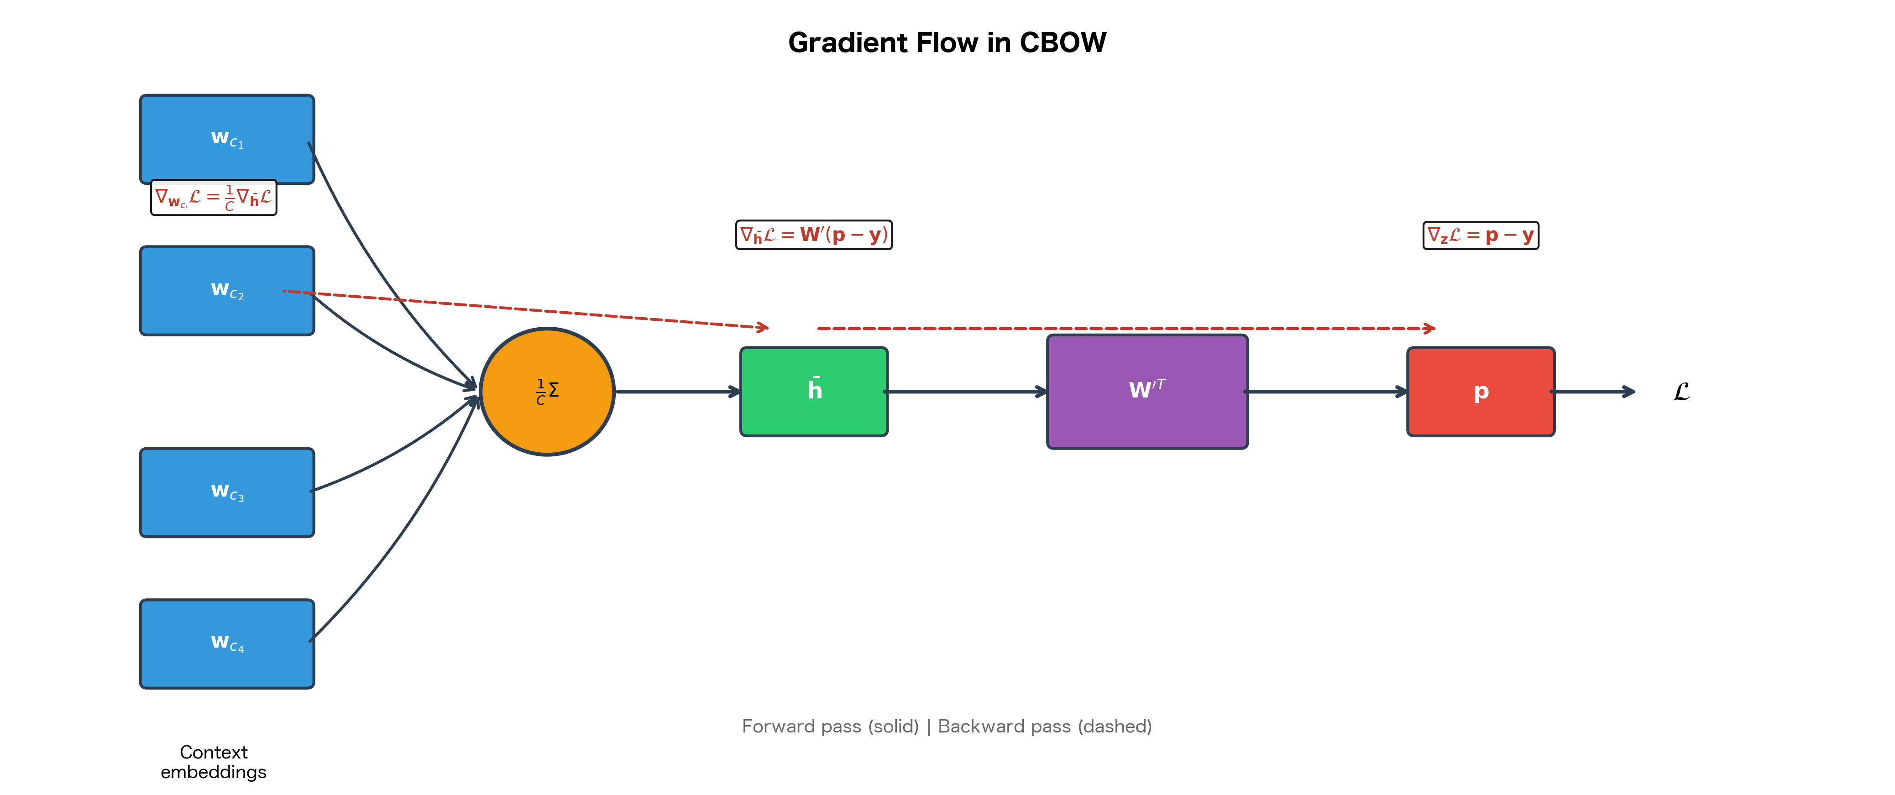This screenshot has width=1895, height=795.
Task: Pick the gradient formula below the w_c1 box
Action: pyautogui.click(x=213, y=197)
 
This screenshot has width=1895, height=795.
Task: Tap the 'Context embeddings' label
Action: pyautogui.click(x=213, y=762)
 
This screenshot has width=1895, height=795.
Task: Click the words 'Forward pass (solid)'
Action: pyautogui.click(x=830, y=726)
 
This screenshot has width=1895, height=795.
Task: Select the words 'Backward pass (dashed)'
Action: pyautogui.click(x=1045, y=726)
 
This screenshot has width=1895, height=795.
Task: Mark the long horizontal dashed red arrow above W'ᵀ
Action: pyautogui.click(x=1125, y=328)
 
